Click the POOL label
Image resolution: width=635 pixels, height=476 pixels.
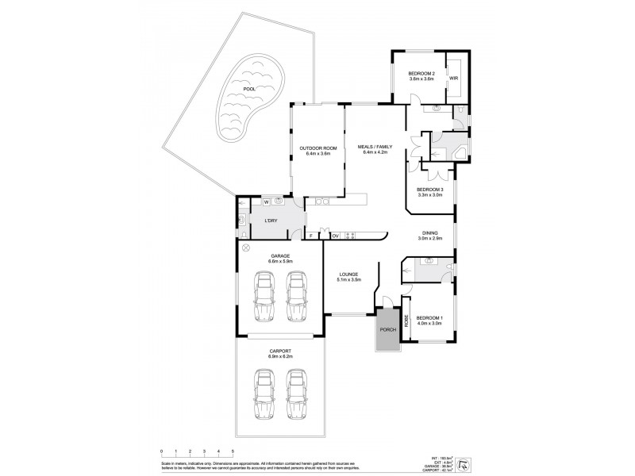(x=249, y=89)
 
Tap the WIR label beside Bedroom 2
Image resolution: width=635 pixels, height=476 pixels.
(x=454, y=79)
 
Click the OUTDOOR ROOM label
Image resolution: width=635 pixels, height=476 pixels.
(x=317, y=148)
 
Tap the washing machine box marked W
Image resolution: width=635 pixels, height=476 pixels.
(x=267, y=202)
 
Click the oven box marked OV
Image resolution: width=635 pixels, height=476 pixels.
(x=336, y=236)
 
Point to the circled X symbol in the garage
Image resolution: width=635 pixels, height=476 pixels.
(x=246, y=249)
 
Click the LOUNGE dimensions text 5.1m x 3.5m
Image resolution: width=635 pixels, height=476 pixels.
(x=350, y=279)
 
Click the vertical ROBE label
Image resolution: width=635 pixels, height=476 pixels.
(x=407, y=321)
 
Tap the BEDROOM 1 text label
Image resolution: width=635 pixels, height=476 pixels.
(x=429, y=318)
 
